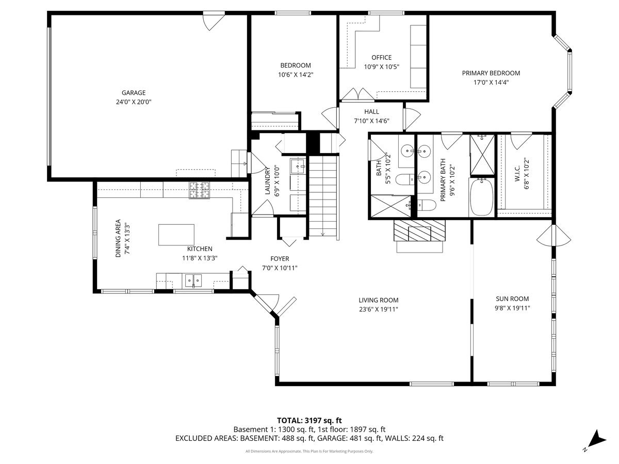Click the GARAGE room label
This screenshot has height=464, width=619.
[134, 93]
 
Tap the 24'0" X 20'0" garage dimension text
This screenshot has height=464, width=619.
[134, 102]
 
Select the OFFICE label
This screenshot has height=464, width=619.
[382, 58]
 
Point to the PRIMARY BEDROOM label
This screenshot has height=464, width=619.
[491, 73]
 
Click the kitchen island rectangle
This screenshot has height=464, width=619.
[176, 235]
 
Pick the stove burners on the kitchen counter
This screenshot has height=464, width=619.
[200, 190]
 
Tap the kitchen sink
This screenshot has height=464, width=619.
[193, 280]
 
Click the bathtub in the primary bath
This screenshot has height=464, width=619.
[482, 197]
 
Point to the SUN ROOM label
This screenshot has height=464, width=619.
[512, 299]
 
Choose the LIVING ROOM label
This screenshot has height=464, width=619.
[379, 300]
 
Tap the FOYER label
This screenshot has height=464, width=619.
[280, 259]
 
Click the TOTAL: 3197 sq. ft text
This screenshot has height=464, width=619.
[309, 420]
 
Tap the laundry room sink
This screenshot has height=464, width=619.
[298, 167]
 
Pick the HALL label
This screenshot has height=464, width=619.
[371, 111]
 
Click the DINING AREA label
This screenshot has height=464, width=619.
[118, 238]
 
